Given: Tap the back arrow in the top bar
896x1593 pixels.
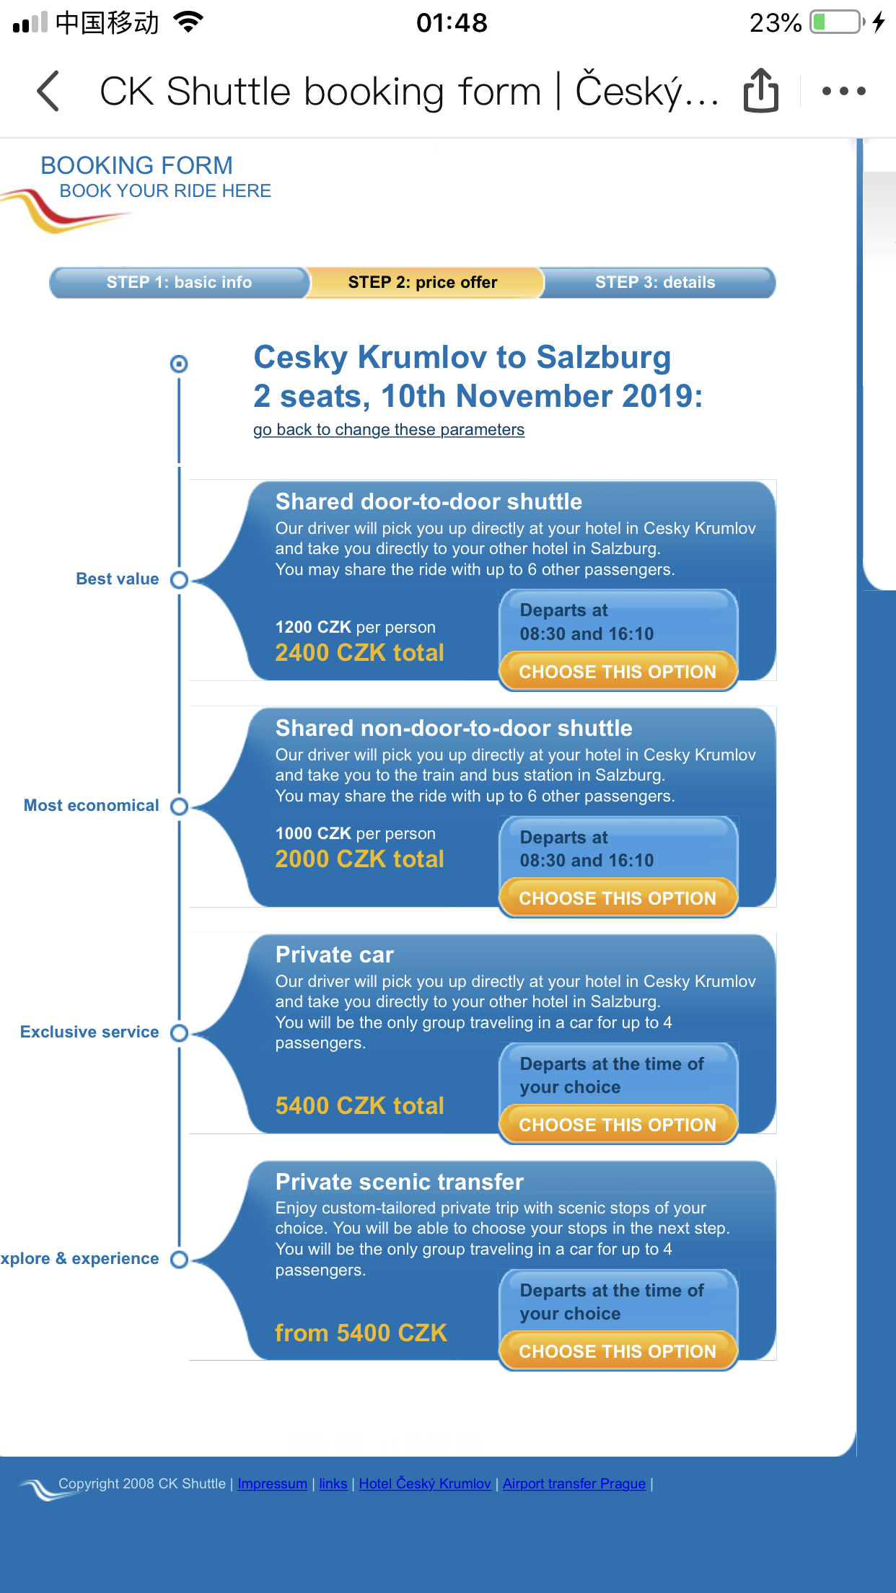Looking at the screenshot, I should (x=48, y=91).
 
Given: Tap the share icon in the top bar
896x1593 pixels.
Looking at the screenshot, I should (x=760, y=91).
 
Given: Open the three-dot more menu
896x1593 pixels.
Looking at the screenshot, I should (x=843, y=91).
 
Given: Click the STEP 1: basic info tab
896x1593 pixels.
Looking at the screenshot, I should (x=179, y=282).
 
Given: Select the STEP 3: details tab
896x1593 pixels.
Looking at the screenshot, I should (x=655, y=282).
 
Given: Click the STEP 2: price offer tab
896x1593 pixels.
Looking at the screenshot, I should (x=423, y=282).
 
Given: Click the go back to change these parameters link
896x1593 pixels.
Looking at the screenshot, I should (x=388, y=430).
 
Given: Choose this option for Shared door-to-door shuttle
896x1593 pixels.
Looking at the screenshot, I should (x=618, y=672).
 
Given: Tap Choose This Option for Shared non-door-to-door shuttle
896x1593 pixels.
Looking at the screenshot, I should (x=618, y=898).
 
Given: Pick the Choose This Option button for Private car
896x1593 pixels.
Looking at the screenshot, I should (x=618, y=1125).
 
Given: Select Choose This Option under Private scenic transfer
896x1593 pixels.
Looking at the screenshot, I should (x=618, y=1351).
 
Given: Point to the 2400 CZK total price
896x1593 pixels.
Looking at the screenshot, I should (x=359, y=653).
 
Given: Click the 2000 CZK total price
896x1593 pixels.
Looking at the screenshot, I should (x=359, y=859).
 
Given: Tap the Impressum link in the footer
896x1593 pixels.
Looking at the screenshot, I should (x=272, y=1484).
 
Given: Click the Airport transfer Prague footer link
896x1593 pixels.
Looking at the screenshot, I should (x=574, y=1484).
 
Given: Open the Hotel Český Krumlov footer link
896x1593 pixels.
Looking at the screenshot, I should (x=424, y=1484).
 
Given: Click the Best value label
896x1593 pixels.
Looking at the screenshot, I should (x=118, y=579).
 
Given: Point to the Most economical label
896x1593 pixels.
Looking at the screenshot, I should (x=91, y=805).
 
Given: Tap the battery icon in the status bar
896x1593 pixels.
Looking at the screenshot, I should (x=837, y=22).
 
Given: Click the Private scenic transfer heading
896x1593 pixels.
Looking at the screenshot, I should (x=399, y=1182).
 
